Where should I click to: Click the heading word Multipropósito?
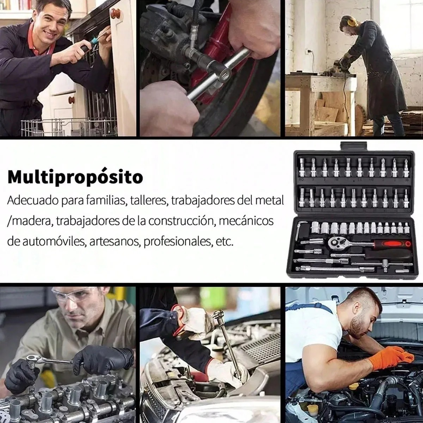pos(75,177)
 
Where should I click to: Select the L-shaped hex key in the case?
pos(299,230)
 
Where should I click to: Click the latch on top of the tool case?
pos(354,146)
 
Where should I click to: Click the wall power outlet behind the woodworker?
pos(309,52)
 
